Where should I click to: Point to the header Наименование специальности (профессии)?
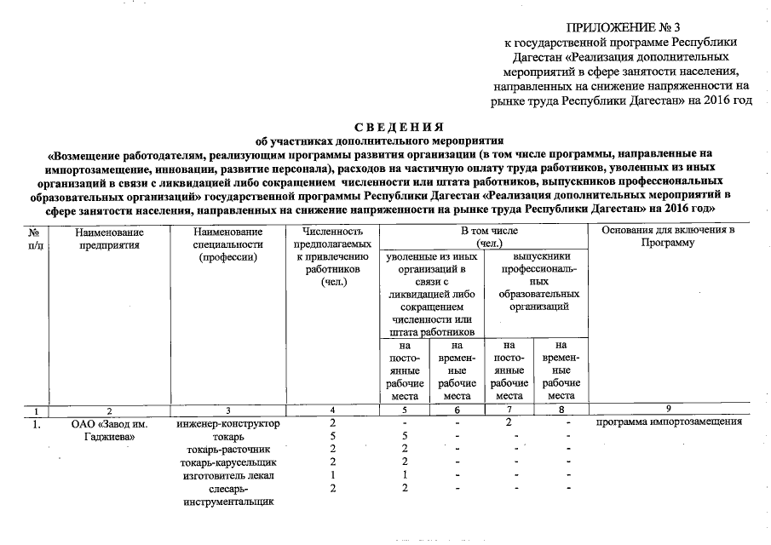click(x=227, y=244)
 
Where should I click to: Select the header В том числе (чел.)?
click(x=483, y=238)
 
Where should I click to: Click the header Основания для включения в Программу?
click(x=668, y=238)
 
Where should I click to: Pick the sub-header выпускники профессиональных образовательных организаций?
click(x=533, y=281)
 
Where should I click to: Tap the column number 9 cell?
click(x=668, y=410)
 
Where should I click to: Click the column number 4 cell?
click(x=331, y=410)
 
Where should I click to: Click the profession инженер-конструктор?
click(x=227, y=423)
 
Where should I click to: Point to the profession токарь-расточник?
click(x=227, y=449)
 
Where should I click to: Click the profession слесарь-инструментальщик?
click(x=227, y=495)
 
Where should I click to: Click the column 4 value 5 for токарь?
click(x=331, y=436)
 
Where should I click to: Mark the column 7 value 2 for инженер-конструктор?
click(x=509, y=423)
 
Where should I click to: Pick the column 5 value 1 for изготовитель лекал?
click(x=404, y=474)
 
